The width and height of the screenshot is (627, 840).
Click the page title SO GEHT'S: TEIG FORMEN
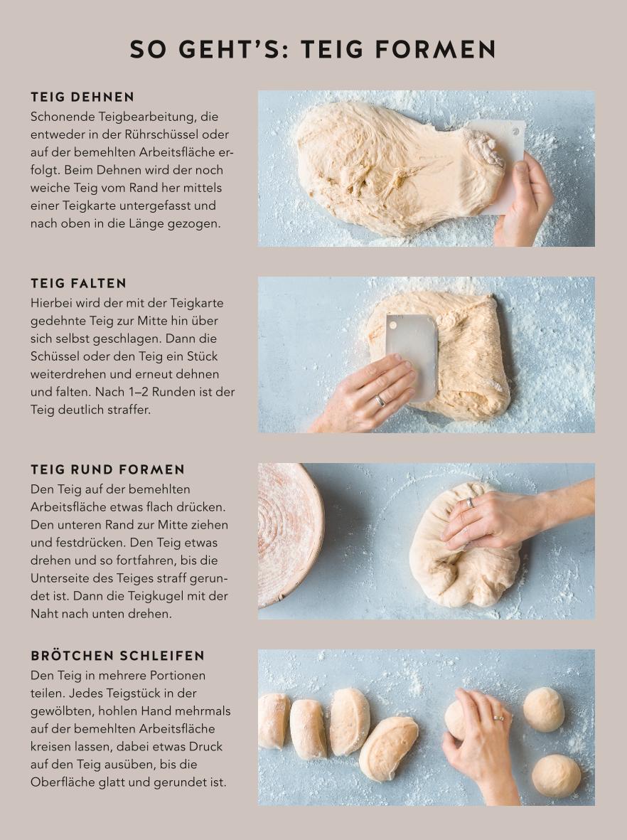click(313, 49)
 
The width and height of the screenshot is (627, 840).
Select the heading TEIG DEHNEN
click(82, 97)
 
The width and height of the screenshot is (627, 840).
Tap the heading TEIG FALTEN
click(79, 283)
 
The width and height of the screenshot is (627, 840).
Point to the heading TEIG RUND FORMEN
click(107, 470)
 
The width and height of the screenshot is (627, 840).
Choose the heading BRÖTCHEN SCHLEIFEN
click(118, 656)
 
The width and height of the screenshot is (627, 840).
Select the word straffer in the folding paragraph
click(129, 410)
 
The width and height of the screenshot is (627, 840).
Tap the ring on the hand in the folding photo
click(380, 400)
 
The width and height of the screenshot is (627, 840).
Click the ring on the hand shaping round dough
click(470, 502)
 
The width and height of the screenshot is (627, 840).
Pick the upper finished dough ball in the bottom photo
click(544, 709)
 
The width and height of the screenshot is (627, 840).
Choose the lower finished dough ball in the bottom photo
click(557, 775)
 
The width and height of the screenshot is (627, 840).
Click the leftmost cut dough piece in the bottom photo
click(273, 721)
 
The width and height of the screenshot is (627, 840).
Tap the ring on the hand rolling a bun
click(498, 718)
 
